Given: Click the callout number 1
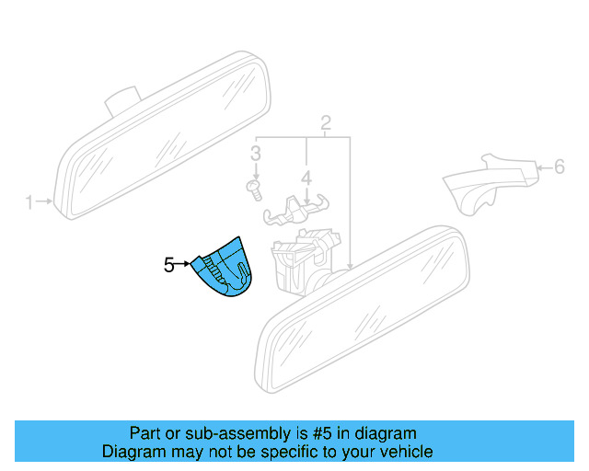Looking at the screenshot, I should pyautogui.click(x=29, y=201).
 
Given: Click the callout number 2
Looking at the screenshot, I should pyautogui.click(x=326, y=123).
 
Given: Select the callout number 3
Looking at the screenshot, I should pyautogui.click(x=257, y=153).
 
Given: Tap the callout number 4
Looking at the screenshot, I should pyautogui.click(x=306, y=176).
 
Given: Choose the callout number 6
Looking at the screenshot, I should pyautogui.click(x=558, y=167).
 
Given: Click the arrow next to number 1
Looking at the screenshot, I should pyautogui.click(x=43, y=201).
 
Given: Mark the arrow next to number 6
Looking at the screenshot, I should pyautogui.click(x=542, y=167).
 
